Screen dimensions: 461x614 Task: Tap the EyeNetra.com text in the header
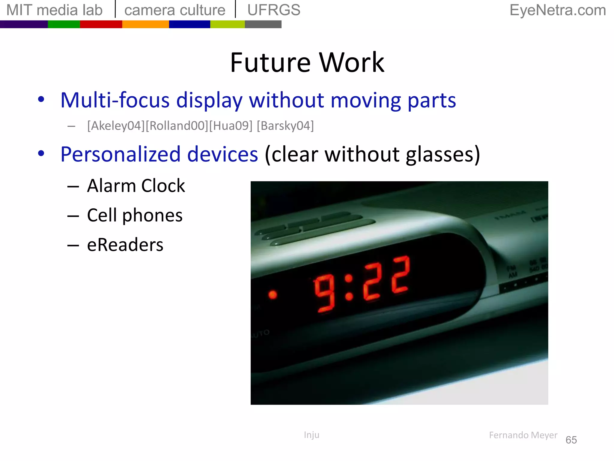[558, 10]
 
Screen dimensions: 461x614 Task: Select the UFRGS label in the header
[274, 10]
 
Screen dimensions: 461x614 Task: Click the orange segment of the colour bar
[145, 24]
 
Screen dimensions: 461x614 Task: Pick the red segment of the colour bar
[101, 24]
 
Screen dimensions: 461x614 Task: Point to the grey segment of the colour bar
[263, 24]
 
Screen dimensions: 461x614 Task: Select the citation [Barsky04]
[285, 126]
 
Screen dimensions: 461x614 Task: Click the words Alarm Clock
[136, 186]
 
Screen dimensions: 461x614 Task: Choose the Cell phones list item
[135, 215]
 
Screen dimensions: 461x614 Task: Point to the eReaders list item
[125, 245]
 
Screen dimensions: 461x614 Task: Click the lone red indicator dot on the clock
[273, 295]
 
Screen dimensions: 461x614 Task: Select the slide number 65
[571, 440]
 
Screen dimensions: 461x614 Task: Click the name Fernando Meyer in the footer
[523, 435]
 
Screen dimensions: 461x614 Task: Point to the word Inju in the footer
[311, 435]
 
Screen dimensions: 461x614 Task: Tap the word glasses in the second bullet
[442, 155]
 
